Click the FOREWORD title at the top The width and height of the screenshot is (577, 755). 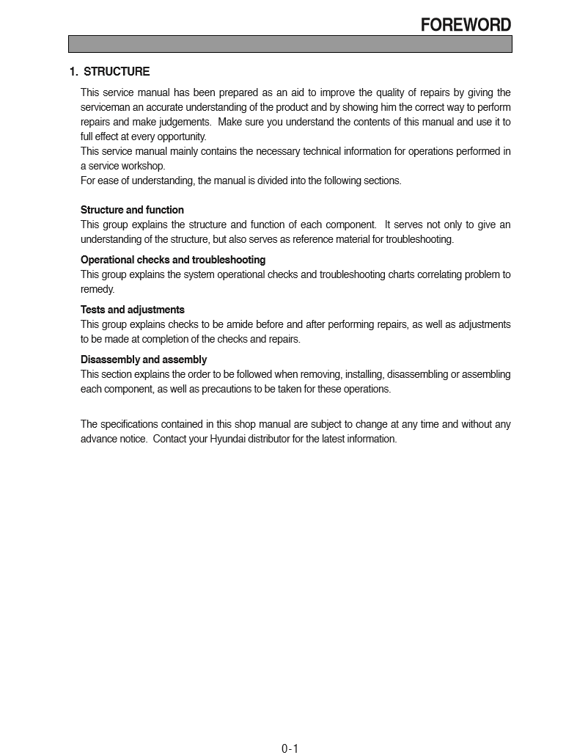466,25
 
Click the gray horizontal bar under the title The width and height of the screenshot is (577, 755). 290,44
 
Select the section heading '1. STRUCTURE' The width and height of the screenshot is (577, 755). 109,72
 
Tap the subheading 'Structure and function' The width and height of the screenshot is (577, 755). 132,210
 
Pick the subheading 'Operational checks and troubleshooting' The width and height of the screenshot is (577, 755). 173,260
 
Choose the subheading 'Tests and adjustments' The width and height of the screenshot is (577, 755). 133,310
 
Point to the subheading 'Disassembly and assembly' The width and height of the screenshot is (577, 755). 144,360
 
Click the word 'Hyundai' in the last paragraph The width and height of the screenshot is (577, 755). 228,439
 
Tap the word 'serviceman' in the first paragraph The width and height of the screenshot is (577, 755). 104,107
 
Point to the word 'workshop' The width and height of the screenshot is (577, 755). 144,166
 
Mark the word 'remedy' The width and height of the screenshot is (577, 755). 97,289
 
